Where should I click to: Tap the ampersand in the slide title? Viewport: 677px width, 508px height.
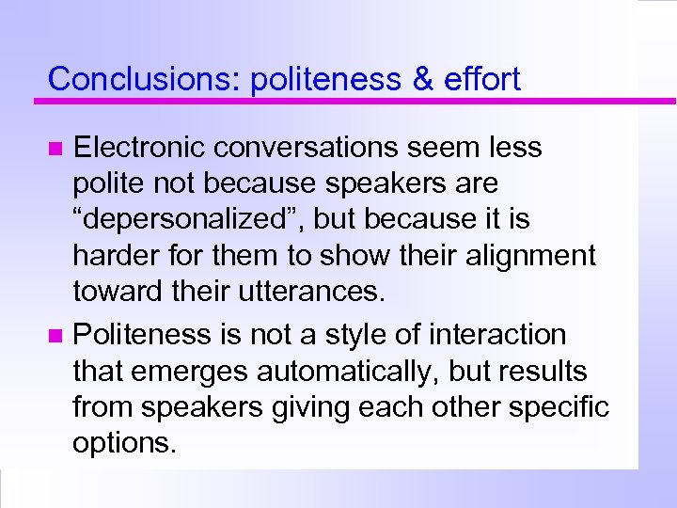421,79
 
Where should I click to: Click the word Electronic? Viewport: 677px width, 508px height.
142,148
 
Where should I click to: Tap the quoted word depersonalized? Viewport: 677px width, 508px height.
188,219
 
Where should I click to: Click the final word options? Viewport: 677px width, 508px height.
123,443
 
